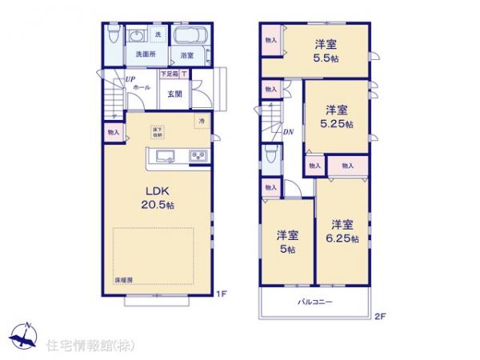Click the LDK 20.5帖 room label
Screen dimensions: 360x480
tap(160, 198)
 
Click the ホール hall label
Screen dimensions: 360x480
tap(141, 86)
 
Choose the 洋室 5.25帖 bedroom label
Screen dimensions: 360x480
tap(336, 117)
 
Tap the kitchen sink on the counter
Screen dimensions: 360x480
tap(165, 156)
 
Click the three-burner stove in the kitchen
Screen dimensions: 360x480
tap(198, 156)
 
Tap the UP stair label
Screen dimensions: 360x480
tap(128, 78)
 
